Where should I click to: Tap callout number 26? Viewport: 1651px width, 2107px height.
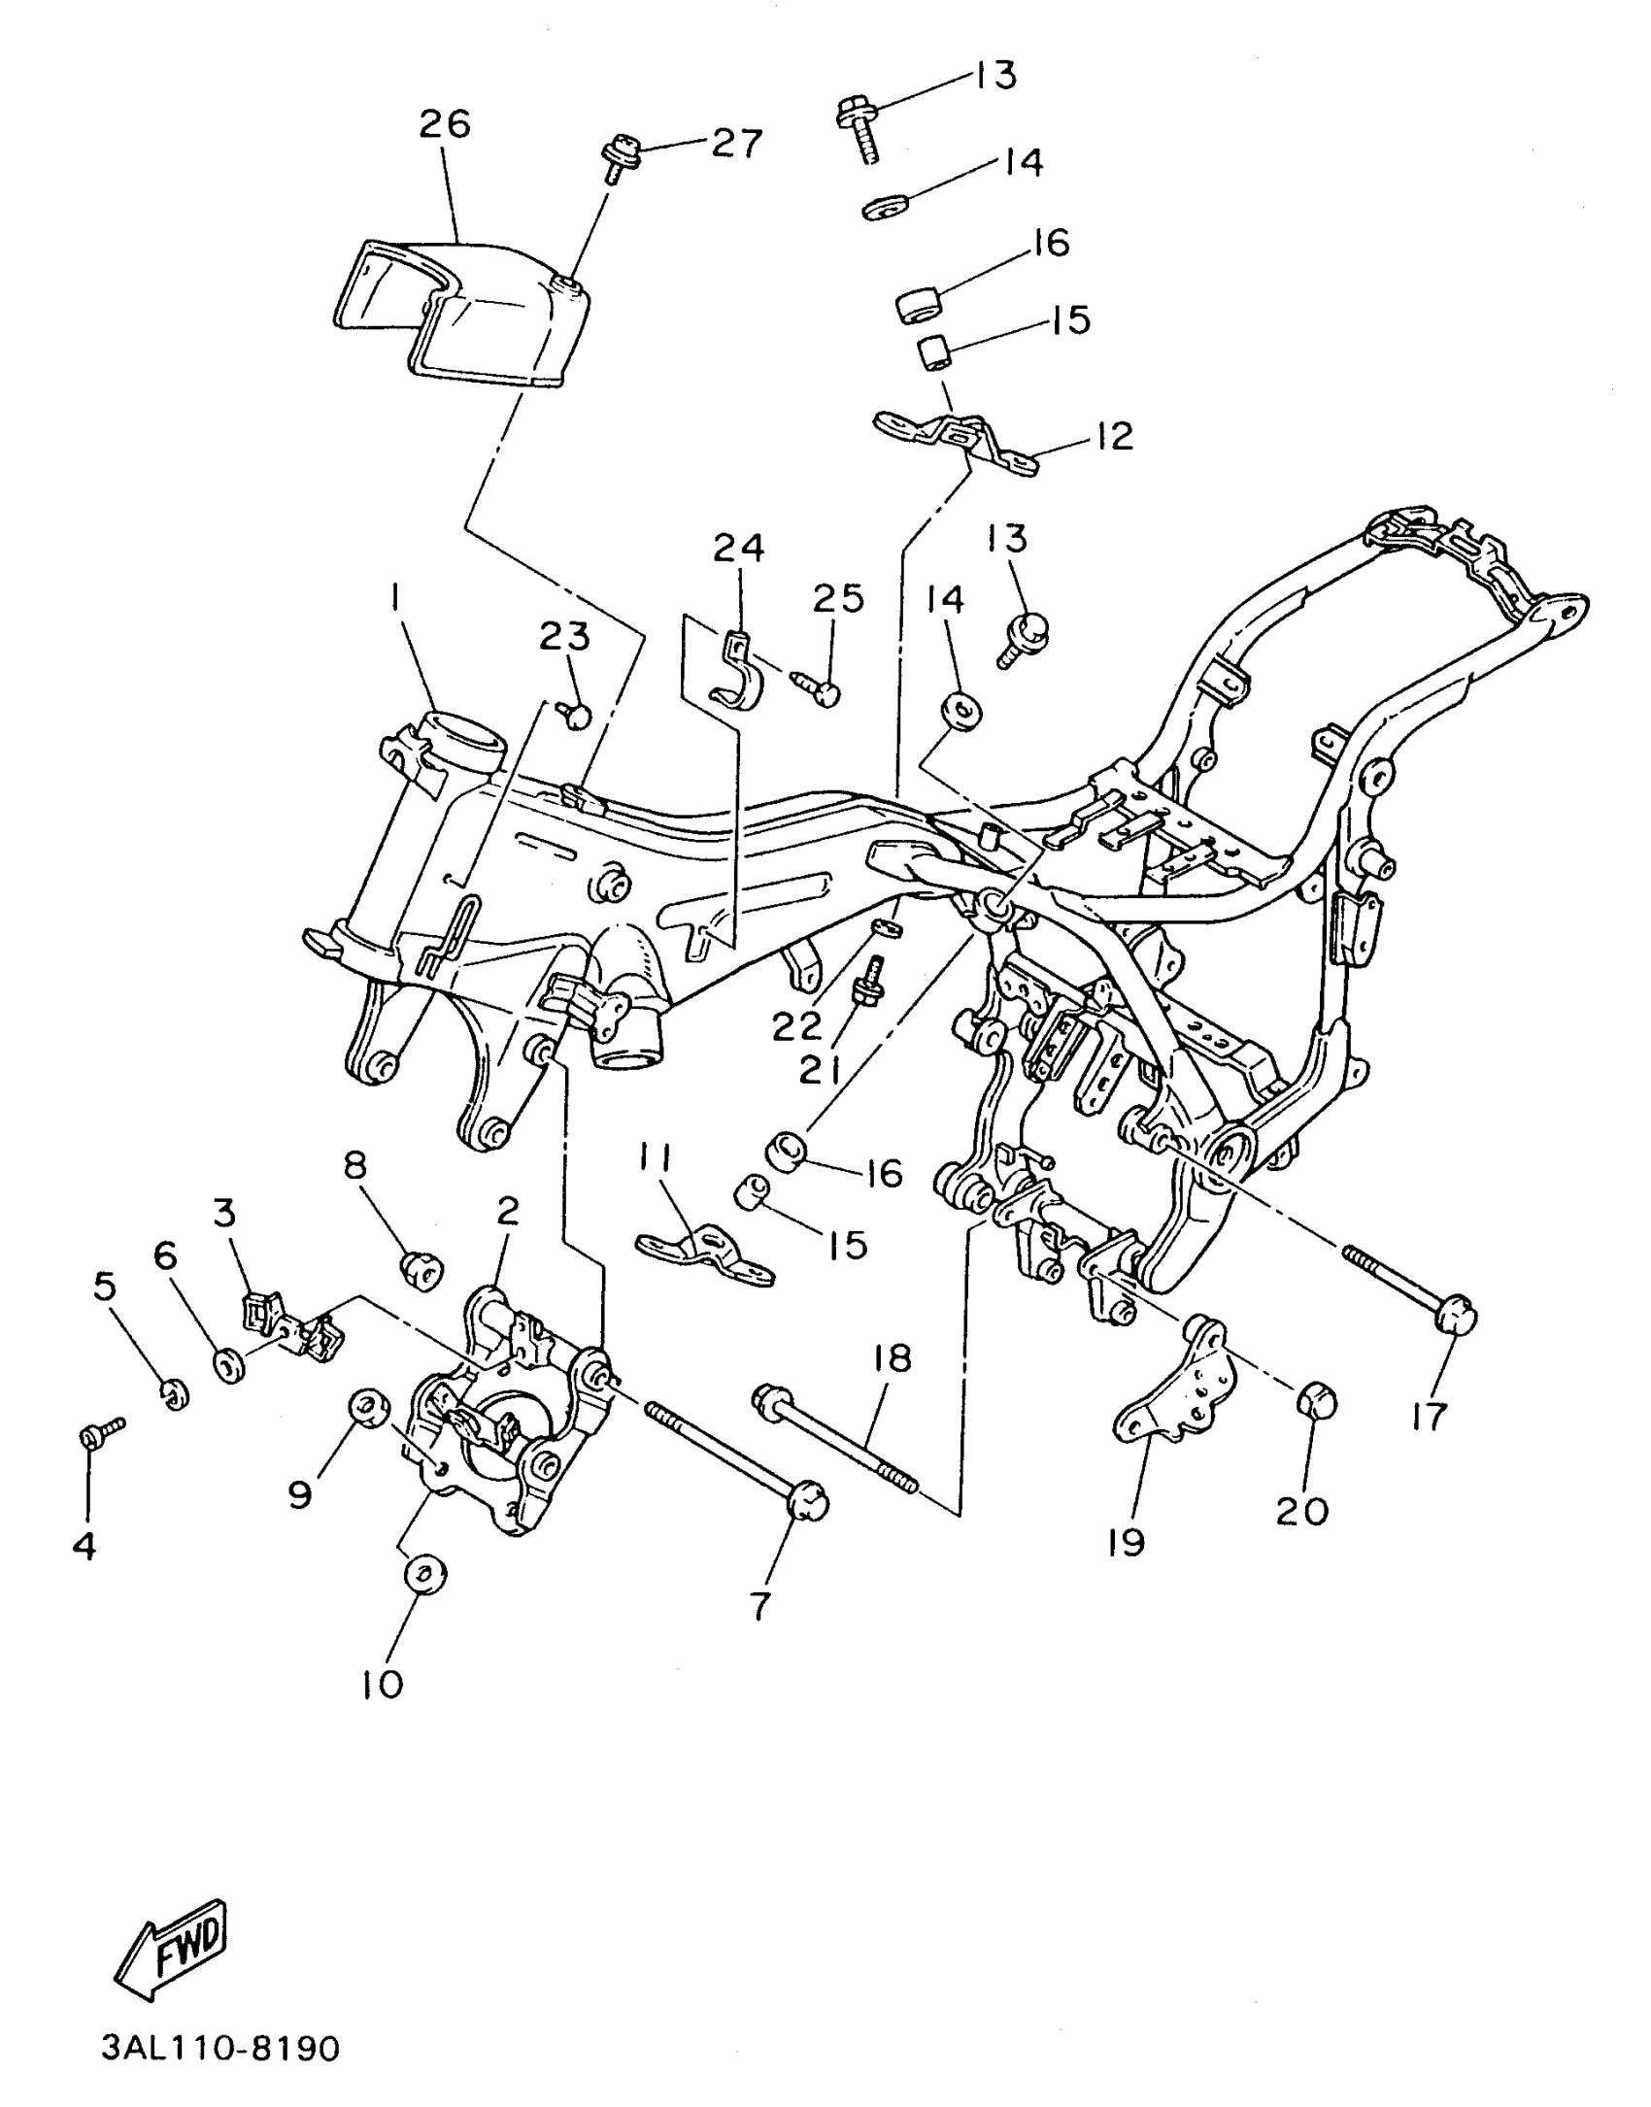[x=445, y=124]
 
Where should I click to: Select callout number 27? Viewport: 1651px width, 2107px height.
[x=737, y=143]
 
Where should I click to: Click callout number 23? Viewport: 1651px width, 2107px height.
[x=565, y=637]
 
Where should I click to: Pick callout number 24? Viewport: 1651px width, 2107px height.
[x=738, y=549]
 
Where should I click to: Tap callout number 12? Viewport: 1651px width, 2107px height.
[x=1114, y=436]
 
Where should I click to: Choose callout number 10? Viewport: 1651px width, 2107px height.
[x=383, y=1685]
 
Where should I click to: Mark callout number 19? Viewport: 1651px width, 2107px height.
[x=1127, y=1542]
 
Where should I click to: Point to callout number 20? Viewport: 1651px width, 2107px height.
[x=1302, y=1510]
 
